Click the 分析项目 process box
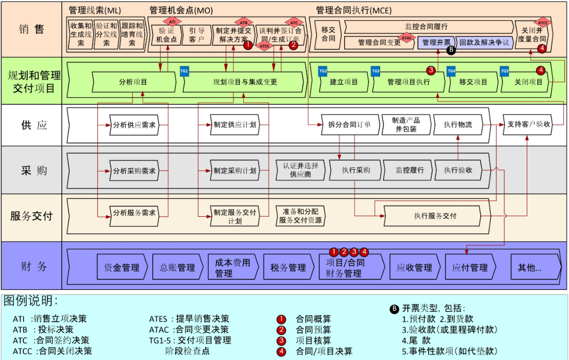tap(133, 82)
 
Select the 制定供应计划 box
tap(234, 125)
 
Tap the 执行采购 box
tap(356, 170)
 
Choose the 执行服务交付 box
tap(435, 216)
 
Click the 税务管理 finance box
tap(288, 267)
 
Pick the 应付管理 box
tap(470, 267)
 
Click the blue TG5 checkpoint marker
tap(505, 71)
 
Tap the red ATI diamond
tap(172, 21)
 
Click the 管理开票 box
tap(436, 42)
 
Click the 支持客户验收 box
tap(528, 125)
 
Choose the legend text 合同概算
tap(313, 319)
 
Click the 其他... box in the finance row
tap(530, 267)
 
